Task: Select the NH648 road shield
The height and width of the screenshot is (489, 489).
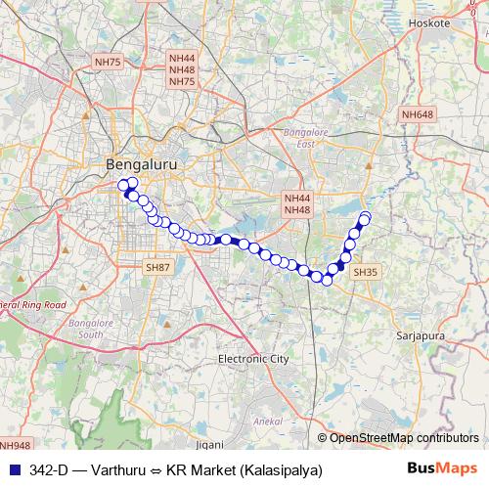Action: click(x=417, y=115)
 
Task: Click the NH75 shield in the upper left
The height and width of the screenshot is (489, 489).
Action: click(x=108, y=62)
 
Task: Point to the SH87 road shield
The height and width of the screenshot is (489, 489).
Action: click(x=156, y=267)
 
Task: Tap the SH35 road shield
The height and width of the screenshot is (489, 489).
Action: click(x=363, y=271)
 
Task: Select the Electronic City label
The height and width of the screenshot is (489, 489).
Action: click(x=253, y=359)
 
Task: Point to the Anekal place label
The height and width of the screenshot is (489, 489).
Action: click(x=268, y=420)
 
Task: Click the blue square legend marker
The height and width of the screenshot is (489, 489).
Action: click(x=13, y=469)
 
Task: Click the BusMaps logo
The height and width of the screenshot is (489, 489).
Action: click(x=442, y=468)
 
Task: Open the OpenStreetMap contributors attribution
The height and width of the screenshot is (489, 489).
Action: click(x=403, y=438)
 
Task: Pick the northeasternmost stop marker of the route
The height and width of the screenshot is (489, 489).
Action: click(x=366, y=216)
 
